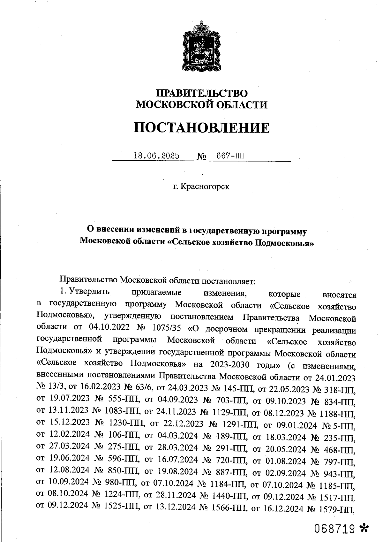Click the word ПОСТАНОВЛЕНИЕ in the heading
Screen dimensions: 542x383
(x=201, y=127)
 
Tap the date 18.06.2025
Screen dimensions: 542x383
(x=156, y=156)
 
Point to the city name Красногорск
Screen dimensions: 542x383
(x=205, y=187)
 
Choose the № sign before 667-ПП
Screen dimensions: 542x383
(x=201, y=156)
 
